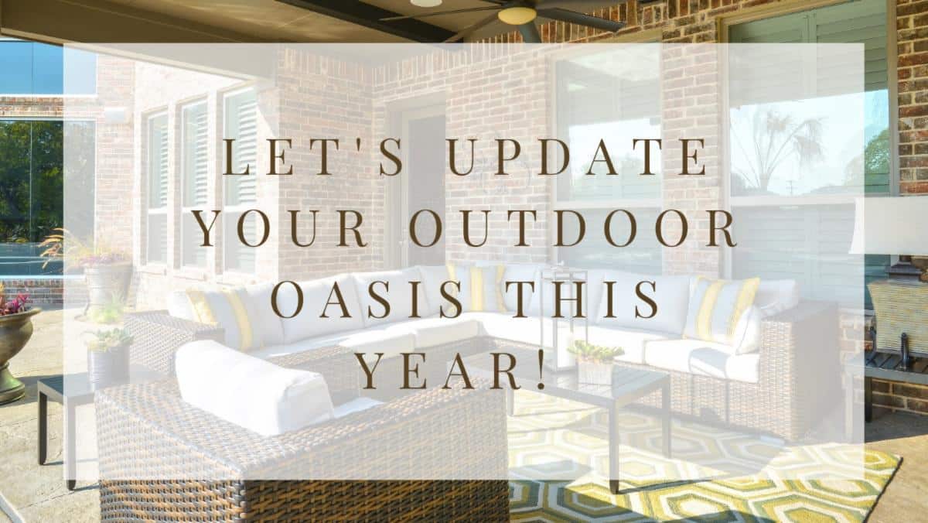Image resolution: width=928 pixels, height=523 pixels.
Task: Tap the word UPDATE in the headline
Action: click(x=578, y=157)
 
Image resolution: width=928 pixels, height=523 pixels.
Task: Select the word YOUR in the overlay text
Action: click(x=281, y=228)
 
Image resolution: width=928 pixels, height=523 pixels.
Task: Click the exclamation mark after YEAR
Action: click(x=541, y=370)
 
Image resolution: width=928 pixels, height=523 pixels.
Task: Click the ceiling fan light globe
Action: click(x=517, y=15)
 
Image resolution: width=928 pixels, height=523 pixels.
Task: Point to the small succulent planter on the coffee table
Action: click(x=595, y=364)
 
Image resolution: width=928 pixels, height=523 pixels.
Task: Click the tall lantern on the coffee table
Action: click(x=558, y=319)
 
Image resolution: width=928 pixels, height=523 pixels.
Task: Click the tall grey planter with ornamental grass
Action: click(x=107, y=286)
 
